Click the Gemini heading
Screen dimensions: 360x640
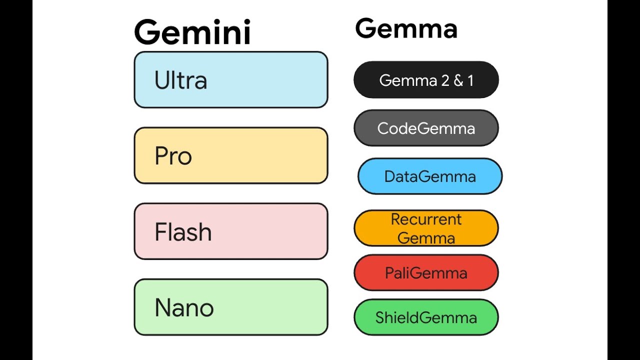pyautogui.click(x=192, y=32)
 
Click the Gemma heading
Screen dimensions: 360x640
pyautogui.click(x=406, y=28)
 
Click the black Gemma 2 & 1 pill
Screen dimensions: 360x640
pyautogui.click(x=426, y=80)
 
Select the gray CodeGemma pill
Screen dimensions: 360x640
pyautogui.click(x=426, y=128)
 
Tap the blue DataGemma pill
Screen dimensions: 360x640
pyautogui.click(x=430, y=176)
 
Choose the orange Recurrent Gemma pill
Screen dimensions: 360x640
pyautogui.click(x=426, y=228)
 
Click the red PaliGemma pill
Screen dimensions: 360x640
pyautogui.click(x=426, y=272)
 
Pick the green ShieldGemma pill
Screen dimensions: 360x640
pyautogui.click(x=426, y=317)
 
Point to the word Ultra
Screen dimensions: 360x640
pyautogui.click(x=180, y=80)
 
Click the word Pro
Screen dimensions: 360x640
pyautogui.click(x=173, y=156)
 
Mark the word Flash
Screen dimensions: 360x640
pyautogui.click(x=183, y=232)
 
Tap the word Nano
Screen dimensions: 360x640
pyautogui.click(x=184, y=308)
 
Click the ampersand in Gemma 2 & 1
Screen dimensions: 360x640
pyautogui.click(x=458, y=80)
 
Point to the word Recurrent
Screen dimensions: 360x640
pyautogui.click(x=426, y=219)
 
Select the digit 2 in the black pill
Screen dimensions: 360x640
pyautogui.click(x=444, y=80)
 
